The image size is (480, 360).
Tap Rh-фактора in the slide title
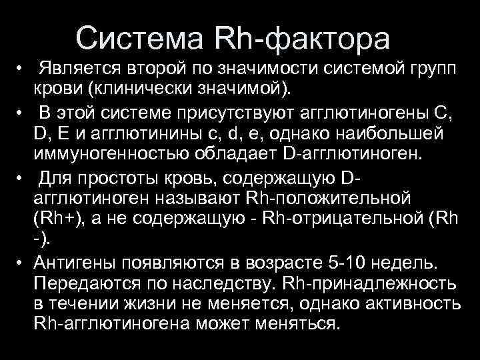[304, 38]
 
